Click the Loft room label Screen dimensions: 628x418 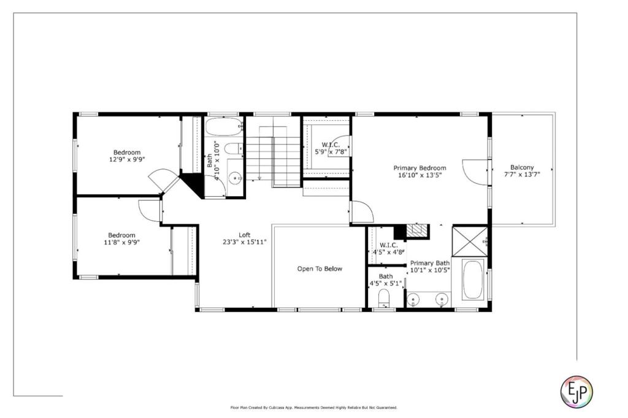245,235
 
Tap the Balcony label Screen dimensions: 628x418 522,167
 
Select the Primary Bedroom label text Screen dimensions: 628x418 419,168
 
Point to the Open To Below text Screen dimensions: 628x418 320,268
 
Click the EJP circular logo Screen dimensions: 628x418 576,391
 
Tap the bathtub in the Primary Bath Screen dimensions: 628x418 473,279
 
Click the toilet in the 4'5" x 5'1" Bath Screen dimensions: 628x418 384,298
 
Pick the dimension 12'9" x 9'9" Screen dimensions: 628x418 127,159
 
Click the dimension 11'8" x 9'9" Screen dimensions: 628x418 122,242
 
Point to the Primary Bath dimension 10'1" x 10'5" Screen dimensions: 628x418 430,270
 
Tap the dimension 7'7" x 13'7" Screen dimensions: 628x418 522,174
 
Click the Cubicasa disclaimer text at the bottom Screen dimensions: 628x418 314,408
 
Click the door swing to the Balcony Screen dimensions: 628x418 475,172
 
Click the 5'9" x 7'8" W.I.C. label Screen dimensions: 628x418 331,148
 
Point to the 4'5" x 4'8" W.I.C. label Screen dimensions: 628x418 388,249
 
